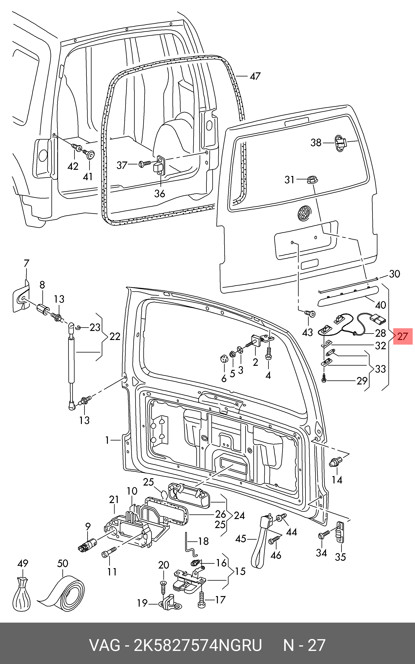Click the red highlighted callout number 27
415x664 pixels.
coord(403,336)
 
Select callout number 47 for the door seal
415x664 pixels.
coord(255,76)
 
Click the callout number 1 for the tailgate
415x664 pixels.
coord(107,440)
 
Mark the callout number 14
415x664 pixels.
coord(337,480)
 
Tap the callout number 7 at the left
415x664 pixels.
coord(26,263)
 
